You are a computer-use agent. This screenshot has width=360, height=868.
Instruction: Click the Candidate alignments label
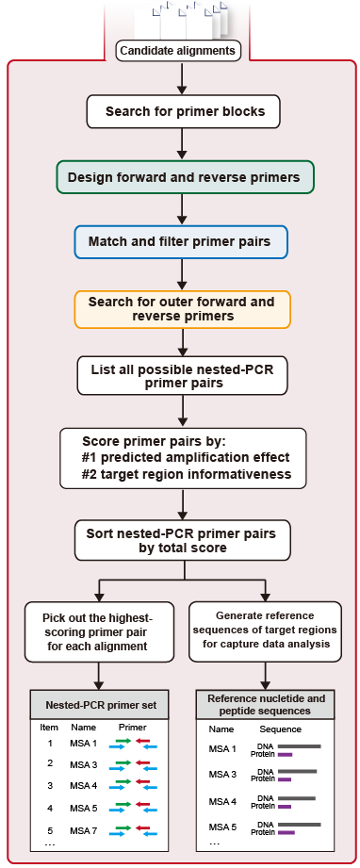point(179,51)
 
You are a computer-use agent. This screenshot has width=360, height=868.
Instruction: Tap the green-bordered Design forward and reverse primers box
point(184,177)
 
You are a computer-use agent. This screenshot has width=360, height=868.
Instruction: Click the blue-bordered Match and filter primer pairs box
point(180,241)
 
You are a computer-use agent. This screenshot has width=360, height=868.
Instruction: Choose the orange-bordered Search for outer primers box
point(182,308)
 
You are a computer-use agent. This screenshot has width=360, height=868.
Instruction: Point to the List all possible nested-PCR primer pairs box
point(182,374)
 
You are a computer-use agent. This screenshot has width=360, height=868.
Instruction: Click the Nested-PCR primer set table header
point(99,705)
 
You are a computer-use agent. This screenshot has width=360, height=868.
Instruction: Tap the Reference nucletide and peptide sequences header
point(267,704)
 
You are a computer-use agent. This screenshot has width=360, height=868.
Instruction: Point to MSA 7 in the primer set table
point(85,831)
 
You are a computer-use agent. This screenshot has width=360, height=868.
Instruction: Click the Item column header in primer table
point(49,728)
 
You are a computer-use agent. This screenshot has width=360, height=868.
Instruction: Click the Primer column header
point(133,728)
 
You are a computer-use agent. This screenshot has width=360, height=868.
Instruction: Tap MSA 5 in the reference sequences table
point(222,827)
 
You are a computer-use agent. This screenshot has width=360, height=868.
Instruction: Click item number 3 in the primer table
point(49,784)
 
